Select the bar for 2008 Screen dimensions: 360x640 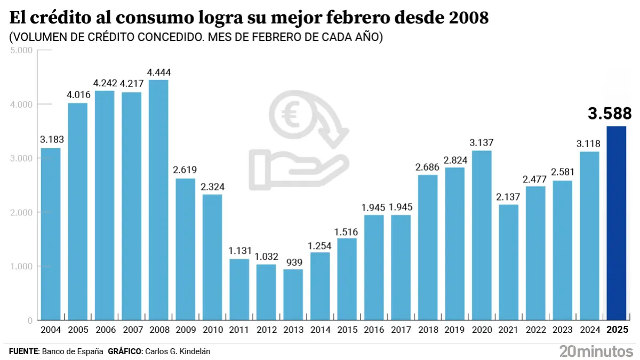[158, 200]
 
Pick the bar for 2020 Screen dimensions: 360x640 [481, 235]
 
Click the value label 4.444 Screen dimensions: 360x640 [158, 73]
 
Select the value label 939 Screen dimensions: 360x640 [293, 261]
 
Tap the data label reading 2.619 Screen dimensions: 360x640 [185, 170]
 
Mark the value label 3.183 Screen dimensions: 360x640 [51, 140]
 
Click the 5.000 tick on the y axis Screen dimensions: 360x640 [22, 50]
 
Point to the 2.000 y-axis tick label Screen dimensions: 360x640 [22, 212]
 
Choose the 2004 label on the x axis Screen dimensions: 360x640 [51, 330]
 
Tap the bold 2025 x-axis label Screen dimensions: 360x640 [618, 330]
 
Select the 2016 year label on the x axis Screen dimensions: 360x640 [374, 330]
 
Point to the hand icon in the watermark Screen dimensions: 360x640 [299, 163]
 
